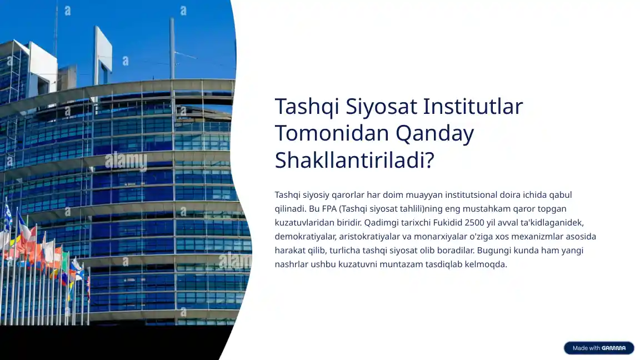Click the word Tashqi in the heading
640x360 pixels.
pyautogui.click(x=307, y=107)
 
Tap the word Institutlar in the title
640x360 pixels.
pyautogui.click(x=473, y=106)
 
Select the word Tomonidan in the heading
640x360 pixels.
pyautogui.click(x=332, y=133)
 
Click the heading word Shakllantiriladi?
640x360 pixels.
pyautogui.click(x=354, y=159)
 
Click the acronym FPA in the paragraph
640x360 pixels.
pyautogui.click(x=329, y=208)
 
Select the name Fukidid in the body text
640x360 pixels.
pyautogui.click(x=448, y=222)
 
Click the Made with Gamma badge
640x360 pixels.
pyautogui.click(x=599, y=348)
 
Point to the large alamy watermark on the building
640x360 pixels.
pyautogui.click(x=126, y=161)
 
